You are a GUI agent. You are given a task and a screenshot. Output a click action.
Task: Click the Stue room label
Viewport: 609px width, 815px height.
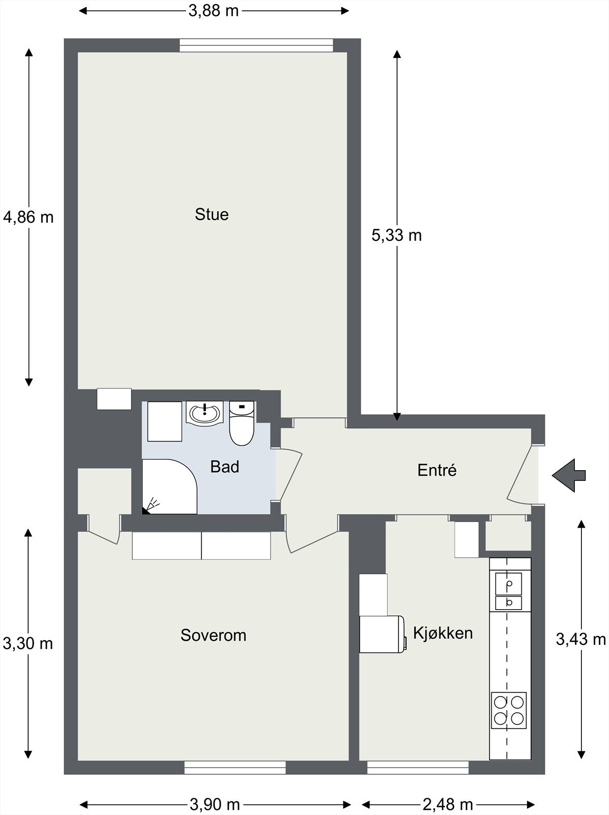coord(211,214)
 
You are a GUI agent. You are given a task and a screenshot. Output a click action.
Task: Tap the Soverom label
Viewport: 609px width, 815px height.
coord(214,635)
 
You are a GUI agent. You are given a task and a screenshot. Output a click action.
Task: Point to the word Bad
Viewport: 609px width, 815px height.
coord(225,467)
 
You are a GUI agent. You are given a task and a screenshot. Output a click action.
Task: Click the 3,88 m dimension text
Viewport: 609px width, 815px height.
coord(214,11)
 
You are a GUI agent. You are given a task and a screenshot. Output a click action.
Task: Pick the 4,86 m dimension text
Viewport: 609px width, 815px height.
coord(28,217)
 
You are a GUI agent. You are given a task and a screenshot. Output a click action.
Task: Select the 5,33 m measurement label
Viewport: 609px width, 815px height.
coord(396,235)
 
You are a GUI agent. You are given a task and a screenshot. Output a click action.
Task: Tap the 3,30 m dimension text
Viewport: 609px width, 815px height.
coord(28,643)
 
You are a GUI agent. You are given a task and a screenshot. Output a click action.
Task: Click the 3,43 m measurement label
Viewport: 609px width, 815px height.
coord(581,639)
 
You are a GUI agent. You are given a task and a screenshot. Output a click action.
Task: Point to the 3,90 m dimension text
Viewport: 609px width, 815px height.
coord(215,805)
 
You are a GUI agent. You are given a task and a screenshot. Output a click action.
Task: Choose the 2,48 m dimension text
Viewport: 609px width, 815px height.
coord(448,805)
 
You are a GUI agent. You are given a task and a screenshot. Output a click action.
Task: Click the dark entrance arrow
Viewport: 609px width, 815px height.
coord(569,475)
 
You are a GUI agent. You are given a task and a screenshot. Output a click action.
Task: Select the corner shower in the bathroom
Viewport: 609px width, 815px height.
coord(170,486)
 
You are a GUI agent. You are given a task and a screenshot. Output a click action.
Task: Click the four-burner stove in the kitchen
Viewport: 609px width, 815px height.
coord(509,710)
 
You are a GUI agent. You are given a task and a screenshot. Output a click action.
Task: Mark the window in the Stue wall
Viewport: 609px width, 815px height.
coord(256,45)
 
